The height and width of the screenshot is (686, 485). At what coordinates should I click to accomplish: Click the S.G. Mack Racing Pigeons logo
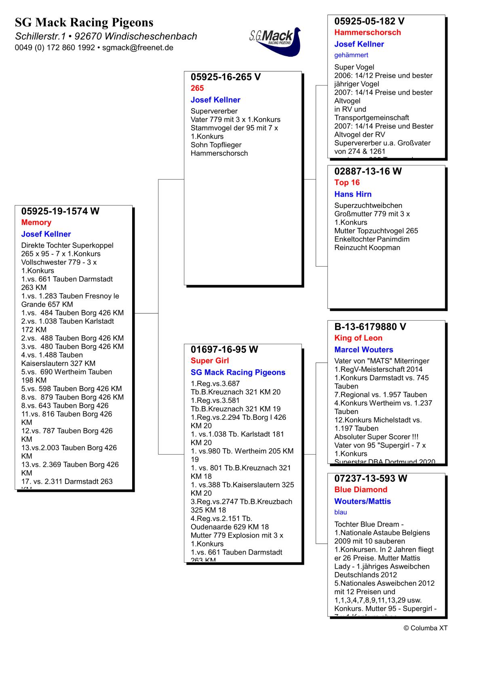pyautogui.click(x=276, y=41)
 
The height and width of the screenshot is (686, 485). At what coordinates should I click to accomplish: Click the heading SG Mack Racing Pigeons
pyautogui.click(x=84, y=22)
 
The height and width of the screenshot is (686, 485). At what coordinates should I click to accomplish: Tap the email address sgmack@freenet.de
pyautogui.click(x=137, y=48)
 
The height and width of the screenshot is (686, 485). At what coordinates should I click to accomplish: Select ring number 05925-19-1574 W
pyautogui.click(x=60, y=211)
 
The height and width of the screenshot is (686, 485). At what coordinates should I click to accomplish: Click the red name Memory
pyautogui.click(x=36, y=222)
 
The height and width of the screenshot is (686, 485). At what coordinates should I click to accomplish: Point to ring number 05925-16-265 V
pyautogui.click(x=226, y=77)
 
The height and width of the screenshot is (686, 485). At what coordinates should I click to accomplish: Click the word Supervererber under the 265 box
pyautogui.click(x=214, y=111)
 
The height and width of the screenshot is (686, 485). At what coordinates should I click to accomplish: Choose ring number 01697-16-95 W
pyautogui.click(x=224, y=349)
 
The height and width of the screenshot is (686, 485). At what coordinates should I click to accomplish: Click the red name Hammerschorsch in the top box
pyautogui.click(x=367, y=32)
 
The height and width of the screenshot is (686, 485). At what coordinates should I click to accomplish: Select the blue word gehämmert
pyautogui.click(x=351, y=55)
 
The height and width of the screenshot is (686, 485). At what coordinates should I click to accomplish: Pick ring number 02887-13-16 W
pyautogui.click(x=368, y=171)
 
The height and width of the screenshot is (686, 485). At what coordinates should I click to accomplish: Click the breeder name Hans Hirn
pyautogui.click(x=353, y=194)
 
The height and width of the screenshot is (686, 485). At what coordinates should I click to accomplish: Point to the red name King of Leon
pyautogui.click(x=358, y=338)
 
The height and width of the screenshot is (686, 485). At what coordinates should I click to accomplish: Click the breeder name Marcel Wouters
pyautogui.click(x=363, y=350)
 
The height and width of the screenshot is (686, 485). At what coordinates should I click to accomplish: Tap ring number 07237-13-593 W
pyautogui.click(x=371, y=478)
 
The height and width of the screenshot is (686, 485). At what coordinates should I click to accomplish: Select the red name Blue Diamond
pyautogui.click(x=361, y=490)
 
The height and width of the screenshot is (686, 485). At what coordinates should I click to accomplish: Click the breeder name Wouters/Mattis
pyautogui.click(x=363, y=502)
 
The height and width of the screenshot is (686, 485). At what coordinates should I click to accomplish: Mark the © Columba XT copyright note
pyautogui.click(x=425, y=628)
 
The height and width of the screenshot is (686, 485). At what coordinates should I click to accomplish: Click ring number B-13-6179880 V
pyautogui.click(x=370, y=327)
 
